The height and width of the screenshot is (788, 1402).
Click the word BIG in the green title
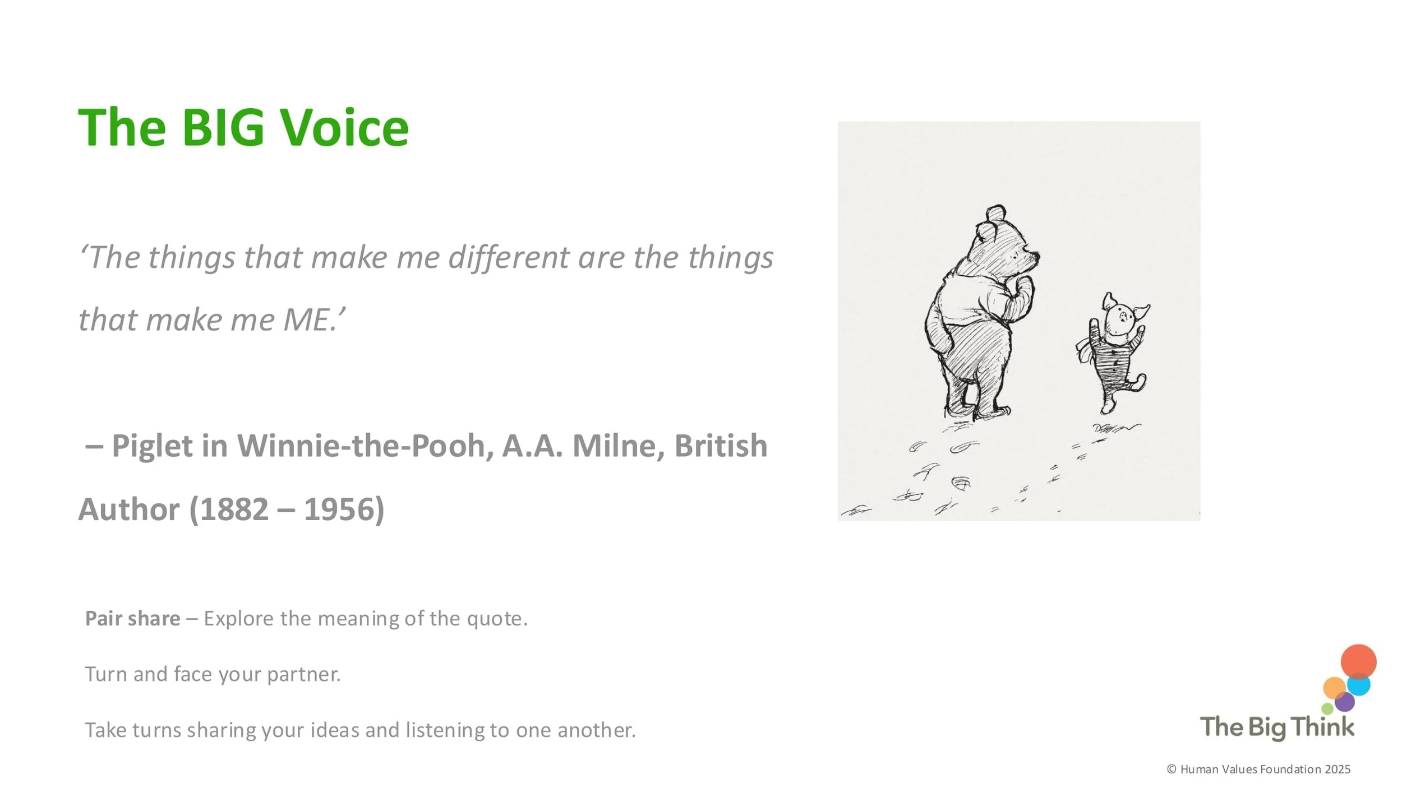pyautogui.click(x=223, y=128)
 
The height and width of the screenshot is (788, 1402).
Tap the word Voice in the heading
pyautogui.click(x=344, y=128)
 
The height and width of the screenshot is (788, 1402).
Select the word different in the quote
pyautogui.click(x=508, y=258)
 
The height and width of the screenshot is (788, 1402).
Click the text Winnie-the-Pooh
pyautogui.click(x=365, y=446)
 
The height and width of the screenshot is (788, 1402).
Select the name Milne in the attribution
pyautogui.click(x=618, y=446)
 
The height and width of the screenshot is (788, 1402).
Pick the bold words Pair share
pyautogui.click(x=132, y=618)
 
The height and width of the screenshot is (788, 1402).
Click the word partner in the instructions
pyautogui.click(x=303, y=674)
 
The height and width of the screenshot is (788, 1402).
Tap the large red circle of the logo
pyautogui.click(x=1358, y=662)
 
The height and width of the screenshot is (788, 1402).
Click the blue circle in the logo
pyautogui.click(x=1359, y=685)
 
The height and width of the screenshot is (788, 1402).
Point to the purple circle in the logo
pyautogui.click(x=1345, y=702)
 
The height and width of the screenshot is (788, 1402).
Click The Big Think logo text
pyautogui.click(x=1277, y=727)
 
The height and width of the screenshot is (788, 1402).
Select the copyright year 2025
pyautogui.click(x=1338, y=770)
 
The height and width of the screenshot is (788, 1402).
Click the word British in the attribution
pyautogui.click(x=721, y=446)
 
